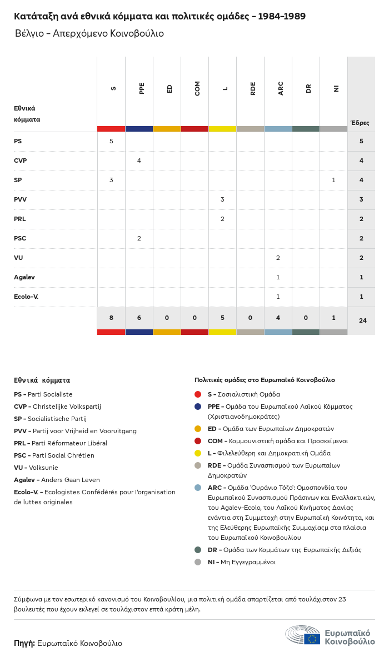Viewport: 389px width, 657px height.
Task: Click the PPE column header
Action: [142, 88]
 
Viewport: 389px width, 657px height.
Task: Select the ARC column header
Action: [281, 88]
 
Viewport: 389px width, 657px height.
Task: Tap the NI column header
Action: [336, 88]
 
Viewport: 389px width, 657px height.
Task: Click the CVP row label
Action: [21, 161]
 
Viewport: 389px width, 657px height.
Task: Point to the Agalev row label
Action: [24, 277]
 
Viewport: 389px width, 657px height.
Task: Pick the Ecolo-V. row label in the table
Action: [26, 297]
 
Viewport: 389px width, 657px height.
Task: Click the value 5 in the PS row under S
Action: [111, 141]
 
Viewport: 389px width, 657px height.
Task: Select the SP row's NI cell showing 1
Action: [333, 180]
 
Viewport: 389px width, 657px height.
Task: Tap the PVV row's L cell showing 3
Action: [222, 199]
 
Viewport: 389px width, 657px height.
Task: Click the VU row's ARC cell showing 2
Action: [278, 258]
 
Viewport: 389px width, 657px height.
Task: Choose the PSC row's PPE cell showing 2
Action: [139, 238]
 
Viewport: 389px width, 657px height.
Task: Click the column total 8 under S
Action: [111, 318]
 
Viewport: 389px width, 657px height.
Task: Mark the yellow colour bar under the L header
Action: [222, 129]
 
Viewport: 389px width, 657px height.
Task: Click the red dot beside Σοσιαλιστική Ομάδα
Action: [198, 394]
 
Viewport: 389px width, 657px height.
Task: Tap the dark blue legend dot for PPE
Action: [198, 407]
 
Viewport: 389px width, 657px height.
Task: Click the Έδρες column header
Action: [360, 123]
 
